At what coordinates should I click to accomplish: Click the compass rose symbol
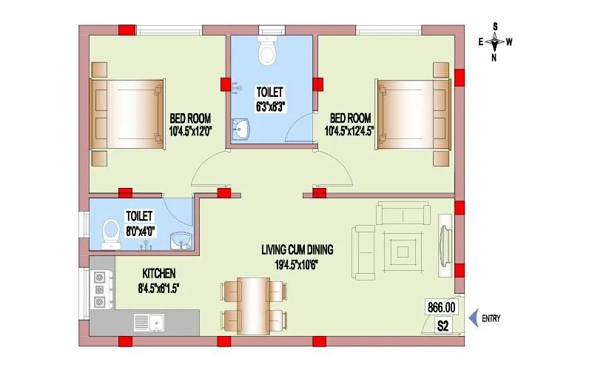[x=495, y=41]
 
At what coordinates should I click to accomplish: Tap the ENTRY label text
[x=491, y=319]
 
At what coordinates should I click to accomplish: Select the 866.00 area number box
[x=441, y=306]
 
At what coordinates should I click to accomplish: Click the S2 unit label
[x=443, y=325]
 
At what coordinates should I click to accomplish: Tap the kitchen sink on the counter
[x=151, y=322]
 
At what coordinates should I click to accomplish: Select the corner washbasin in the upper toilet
[x=241, y=131]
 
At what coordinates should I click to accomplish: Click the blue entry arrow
[x=473, y=319]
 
